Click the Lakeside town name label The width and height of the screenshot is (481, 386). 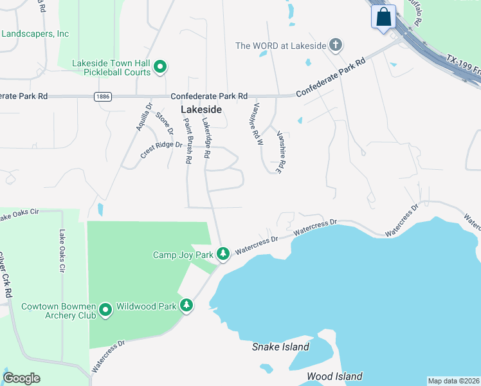pyautogui.click(x=201, y=109)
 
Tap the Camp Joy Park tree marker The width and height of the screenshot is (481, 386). pyautogui.click(x=223, y=255)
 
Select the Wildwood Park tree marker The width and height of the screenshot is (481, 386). pyautogui.click(x=186, y=305)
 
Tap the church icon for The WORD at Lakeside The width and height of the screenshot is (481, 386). pyautogui.click(x=335, y=45)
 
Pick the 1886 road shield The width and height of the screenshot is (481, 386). pyautogui.click(x=102, y=96)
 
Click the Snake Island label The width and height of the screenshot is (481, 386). pyautogui.click(x=280, y=347)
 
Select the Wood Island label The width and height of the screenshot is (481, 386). pyautogui.click(x=334, y=376)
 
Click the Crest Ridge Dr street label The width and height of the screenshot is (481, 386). pyautogui.click(x=161, y=149)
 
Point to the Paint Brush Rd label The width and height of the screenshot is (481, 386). pyautogui.click(x=187, y=140)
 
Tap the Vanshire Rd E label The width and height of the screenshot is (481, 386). pyautogui.click(x=281, y=152)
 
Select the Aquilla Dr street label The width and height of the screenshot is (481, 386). pyautogui.click(x=143, y=118)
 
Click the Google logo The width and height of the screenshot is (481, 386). pyautogui.click(x=21, y=378)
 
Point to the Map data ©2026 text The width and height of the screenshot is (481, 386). pyautogui.click(x=453, y=381)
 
